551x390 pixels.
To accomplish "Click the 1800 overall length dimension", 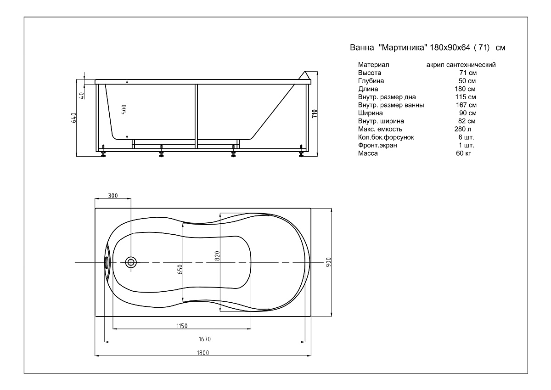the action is pyautogui.click(x=203, y=353).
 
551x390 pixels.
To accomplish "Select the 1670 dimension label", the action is pyautogui.click(x=205, y=339).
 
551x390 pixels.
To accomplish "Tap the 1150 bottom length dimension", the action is pyautogui.click(x=182, y=326).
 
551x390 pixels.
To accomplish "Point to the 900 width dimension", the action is pyautogui.click(x=329, y=262).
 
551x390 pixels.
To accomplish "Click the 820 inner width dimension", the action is pyautogui.click(x=217, y=256).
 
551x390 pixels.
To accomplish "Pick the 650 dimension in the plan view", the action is pyautogui.click(x=180, y=270).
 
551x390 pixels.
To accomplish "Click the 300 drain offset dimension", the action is pyautogui.click(x=113, y=196).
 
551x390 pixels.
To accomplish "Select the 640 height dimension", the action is pyautogui.click(x=74, y=118).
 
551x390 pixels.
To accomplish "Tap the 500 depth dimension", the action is pyautogui.click(x=124, y=109).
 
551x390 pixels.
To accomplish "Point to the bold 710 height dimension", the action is pyautogui.click(x=315, y=113).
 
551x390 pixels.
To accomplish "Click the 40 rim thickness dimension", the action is pyautogui.click(x=82, y=96).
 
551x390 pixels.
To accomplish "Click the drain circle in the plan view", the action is pyautogui.click(x=131, y=263).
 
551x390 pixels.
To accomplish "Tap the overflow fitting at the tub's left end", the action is pyautogui.click(x=107, y=263).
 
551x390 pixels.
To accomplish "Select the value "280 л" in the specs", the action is pyautogui.click(x=463, y=129).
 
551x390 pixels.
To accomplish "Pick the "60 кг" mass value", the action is pyautogui.click(x=463, y=153).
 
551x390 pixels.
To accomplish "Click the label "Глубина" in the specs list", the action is pyautogui.click(x=371, y=81).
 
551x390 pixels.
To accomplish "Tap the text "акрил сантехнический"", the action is pyautogui.click(x=461, y=65).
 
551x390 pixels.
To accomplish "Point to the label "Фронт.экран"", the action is pyautogui.click(x=377, y=145).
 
